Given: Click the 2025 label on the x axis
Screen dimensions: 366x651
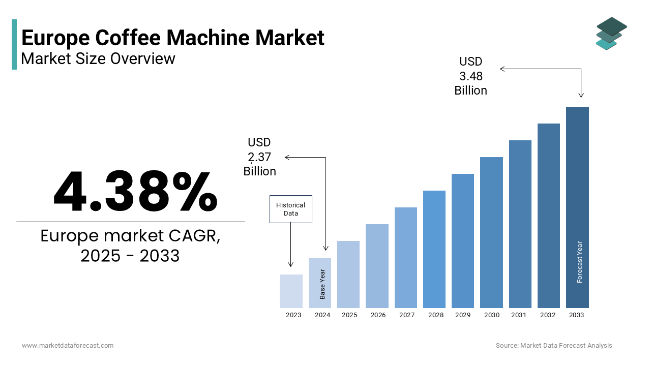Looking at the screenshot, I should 349,315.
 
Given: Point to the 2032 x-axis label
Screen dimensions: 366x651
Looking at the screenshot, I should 548,315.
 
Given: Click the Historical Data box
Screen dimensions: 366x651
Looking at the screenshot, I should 290,209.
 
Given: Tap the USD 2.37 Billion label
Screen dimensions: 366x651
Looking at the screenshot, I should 259,157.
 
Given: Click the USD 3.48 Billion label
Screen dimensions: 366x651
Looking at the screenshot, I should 470,76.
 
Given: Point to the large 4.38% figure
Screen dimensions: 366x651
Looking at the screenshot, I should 135,192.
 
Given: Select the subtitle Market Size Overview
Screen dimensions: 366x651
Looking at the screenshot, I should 98,58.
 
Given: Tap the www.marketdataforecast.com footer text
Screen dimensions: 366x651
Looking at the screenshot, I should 68,346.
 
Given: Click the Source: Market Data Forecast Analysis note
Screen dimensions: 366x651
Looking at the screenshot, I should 554,346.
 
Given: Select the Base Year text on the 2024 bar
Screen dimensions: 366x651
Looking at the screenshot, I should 322,284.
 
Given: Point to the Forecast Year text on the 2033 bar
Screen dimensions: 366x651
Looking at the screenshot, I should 579,262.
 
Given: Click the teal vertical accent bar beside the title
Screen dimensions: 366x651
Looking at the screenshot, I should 14,44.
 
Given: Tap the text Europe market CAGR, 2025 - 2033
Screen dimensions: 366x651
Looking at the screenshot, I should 130,246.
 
